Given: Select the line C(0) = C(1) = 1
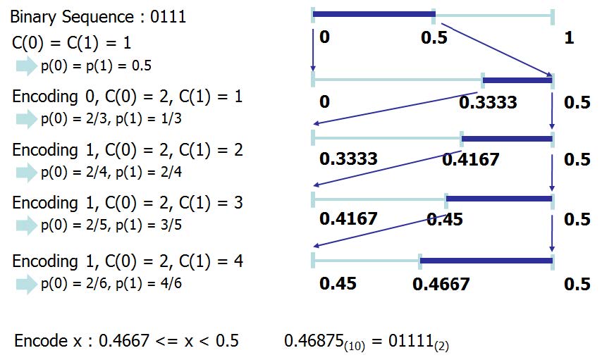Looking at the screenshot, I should tap(71, 42).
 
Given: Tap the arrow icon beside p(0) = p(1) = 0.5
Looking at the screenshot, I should tap(27, 66).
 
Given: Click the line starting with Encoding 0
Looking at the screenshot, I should tap(127, 96).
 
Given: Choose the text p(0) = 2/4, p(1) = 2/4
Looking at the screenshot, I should tap(111, 172).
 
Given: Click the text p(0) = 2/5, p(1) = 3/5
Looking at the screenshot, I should tap(111, 225).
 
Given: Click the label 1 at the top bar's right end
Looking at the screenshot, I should tap(569, 38).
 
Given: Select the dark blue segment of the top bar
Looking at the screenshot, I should tap(373, 13).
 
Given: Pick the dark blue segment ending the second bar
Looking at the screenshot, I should tap(517, 80).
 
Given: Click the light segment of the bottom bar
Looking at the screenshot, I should tap(367, 261).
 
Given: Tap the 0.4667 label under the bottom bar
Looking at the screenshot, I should tap(441, 285).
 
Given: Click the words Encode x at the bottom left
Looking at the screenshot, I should tap(43, 341).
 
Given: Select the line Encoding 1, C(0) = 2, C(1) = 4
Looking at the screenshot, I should tap(127, 261).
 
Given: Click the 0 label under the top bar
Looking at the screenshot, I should tap(324, 38).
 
